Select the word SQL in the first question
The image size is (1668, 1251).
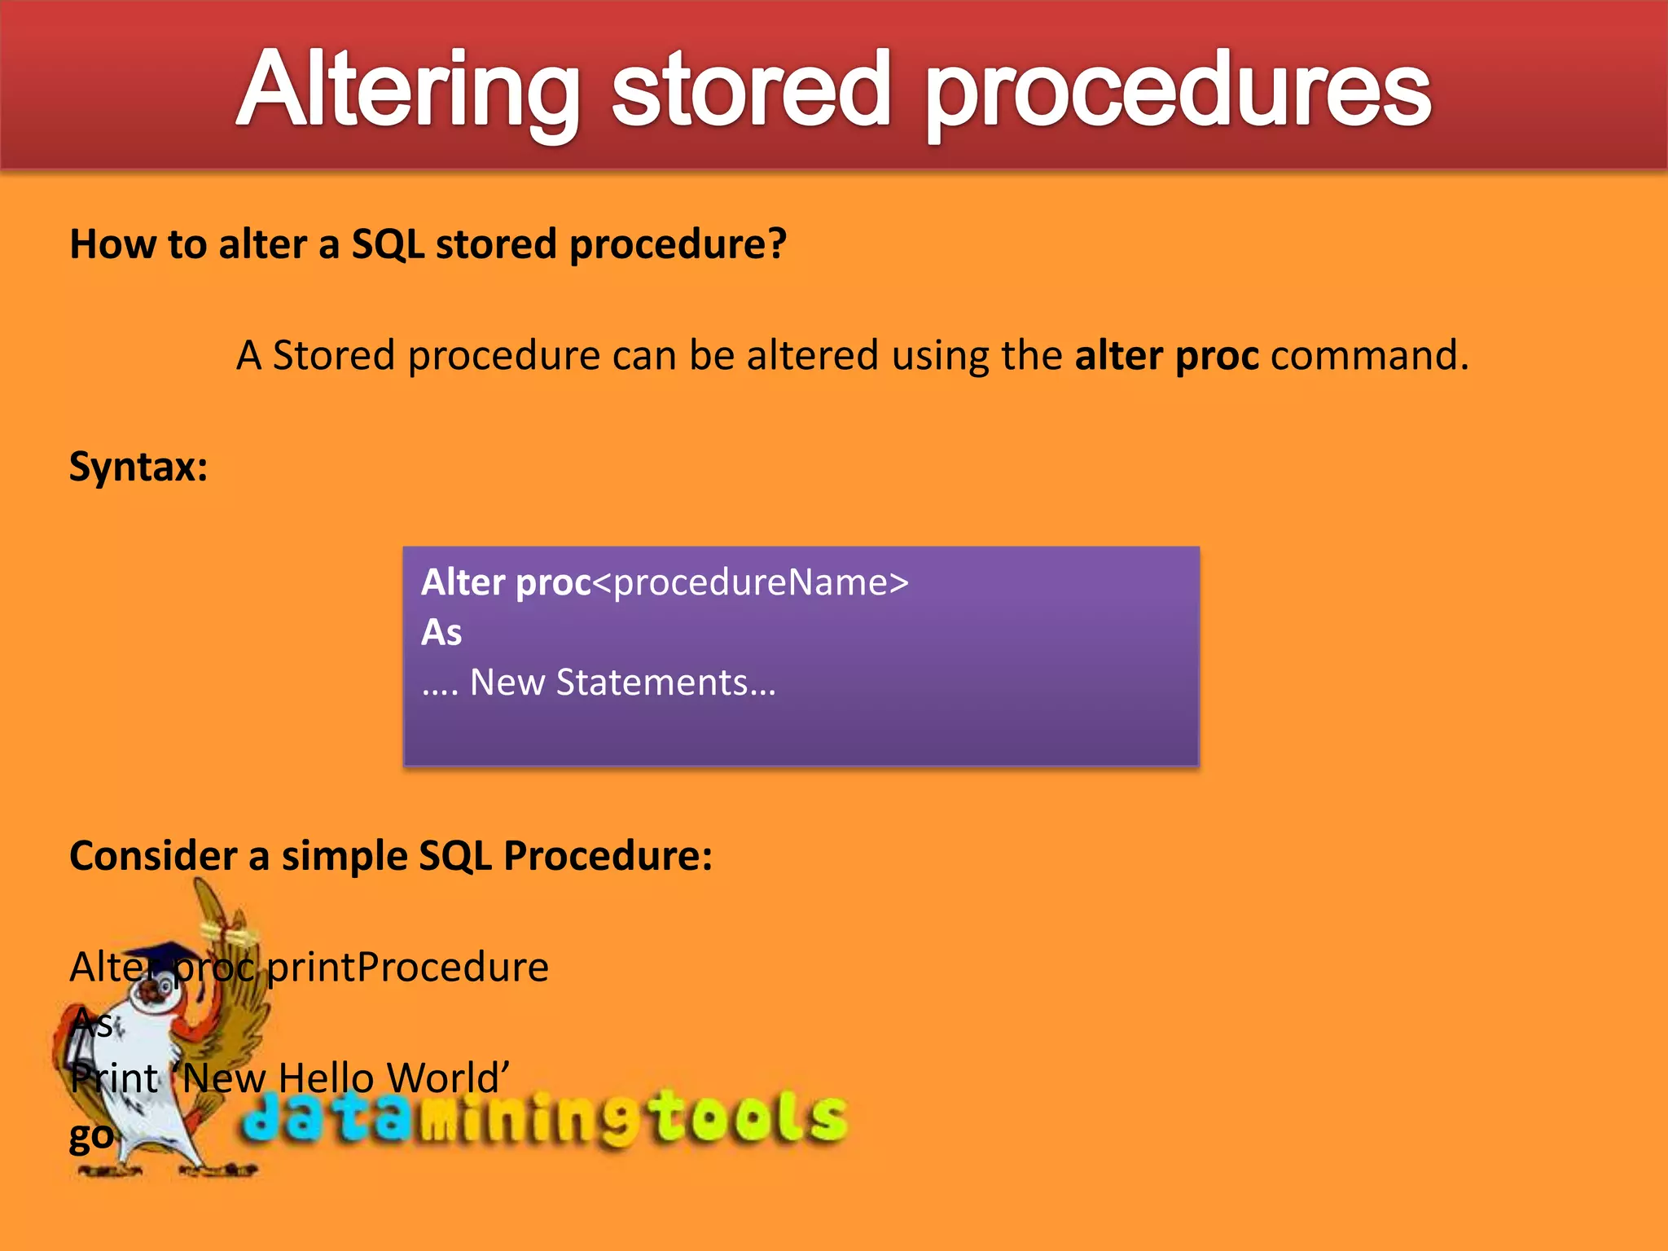point(388,244)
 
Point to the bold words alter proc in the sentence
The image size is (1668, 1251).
point(1166,356)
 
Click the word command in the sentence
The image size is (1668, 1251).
point(1368,356)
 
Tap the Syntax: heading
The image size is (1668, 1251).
point(138,467)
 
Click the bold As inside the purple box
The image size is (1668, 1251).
point(441,633)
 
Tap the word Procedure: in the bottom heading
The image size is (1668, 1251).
point(608,856)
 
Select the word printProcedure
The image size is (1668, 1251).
point(408,968)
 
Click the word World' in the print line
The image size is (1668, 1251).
point(448,1078)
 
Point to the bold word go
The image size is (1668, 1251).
point(91,1135)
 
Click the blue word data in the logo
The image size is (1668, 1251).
point(326,1117)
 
